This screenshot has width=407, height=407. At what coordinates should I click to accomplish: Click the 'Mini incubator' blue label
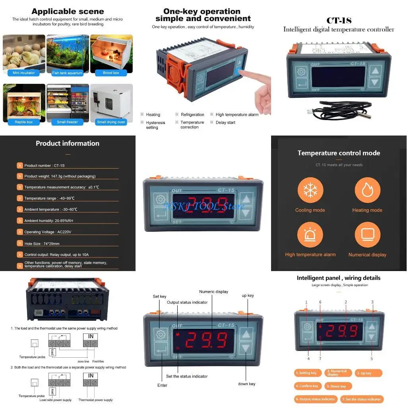coord(24,73)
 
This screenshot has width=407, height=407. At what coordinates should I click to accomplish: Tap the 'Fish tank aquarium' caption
coord(67,73)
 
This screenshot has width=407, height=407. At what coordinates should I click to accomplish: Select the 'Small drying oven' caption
coord(111,122)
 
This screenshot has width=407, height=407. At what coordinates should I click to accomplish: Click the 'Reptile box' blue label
coord(24,122)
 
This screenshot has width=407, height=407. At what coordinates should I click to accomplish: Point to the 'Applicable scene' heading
coord(68,12)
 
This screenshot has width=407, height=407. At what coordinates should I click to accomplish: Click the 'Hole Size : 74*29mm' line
coord(42,244)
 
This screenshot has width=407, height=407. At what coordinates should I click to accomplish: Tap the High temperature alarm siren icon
coord(310,235)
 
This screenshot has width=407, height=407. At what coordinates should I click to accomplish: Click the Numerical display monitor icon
coord(367,235)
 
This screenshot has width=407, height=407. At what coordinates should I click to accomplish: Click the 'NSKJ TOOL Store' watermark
coord(203,206)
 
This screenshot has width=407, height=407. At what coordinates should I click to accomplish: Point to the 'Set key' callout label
coord(159,297)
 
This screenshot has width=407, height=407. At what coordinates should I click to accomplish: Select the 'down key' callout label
coord(246,384)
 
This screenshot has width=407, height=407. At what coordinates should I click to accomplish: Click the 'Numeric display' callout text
coord(214,292)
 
